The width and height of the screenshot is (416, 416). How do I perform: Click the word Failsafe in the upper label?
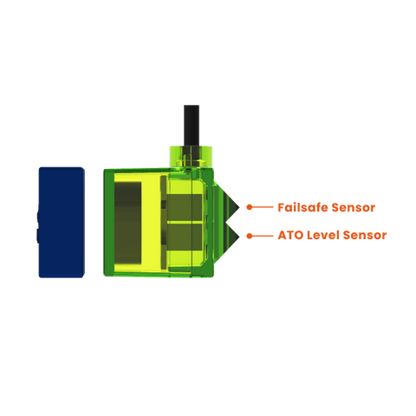[x=302, y=207]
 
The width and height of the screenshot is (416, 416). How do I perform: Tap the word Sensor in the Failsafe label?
[x=354, y=207]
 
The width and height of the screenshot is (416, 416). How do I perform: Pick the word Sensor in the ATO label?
[x=365, y=235]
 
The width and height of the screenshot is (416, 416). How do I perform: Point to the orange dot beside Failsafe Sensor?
[x=250, y=207]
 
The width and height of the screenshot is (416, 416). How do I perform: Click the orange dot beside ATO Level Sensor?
[x=250, y=236]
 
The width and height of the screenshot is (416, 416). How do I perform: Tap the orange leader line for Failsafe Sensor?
[x=263, y=207]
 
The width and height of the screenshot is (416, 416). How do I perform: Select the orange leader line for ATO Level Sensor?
[x=263, y=236]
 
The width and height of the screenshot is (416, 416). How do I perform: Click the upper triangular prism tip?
[x=239, y=207]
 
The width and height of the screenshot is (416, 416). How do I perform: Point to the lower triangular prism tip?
[x=239, y=236]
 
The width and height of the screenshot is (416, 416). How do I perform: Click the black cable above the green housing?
[x=192, y=126]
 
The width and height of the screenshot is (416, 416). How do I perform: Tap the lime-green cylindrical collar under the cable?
[x=191, y=157]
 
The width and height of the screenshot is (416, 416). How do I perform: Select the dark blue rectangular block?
[x=62, y=222]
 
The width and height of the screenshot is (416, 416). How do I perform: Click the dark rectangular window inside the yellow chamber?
[x=128, y=223]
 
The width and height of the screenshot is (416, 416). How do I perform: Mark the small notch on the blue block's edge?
[x=37, y=227]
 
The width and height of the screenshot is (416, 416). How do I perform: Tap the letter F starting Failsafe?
[x=281, y=207]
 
